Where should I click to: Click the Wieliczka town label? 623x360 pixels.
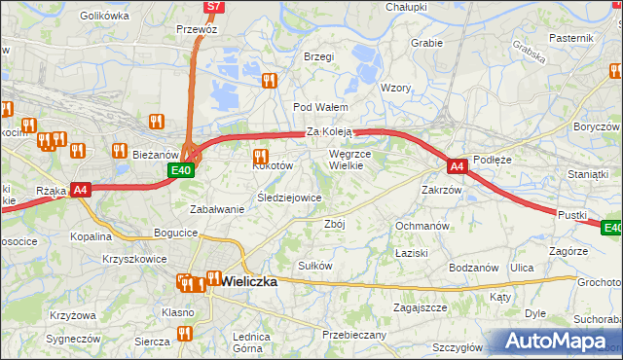[249, 280]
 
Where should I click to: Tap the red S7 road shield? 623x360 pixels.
[215, 7]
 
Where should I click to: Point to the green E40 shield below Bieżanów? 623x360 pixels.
[180, 170]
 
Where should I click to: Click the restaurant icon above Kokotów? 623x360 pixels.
[260, 157]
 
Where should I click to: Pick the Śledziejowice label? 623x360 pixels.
[289, 198]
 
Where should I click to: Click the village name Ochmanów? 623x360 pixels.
[421, 226]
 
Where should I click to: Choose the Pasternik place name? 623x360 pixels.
[570, 37]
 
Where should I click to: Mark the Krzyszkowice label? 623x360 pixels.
[134, 260]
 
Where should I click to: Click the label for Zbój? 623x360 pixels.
[334, 223]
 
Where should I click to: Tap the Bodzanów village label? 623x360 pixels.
[474, 268]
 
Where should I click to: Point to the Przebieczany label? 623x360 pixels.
[354, 334]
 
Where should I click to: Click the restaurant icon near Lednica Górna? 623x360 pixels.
[184, 334]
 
